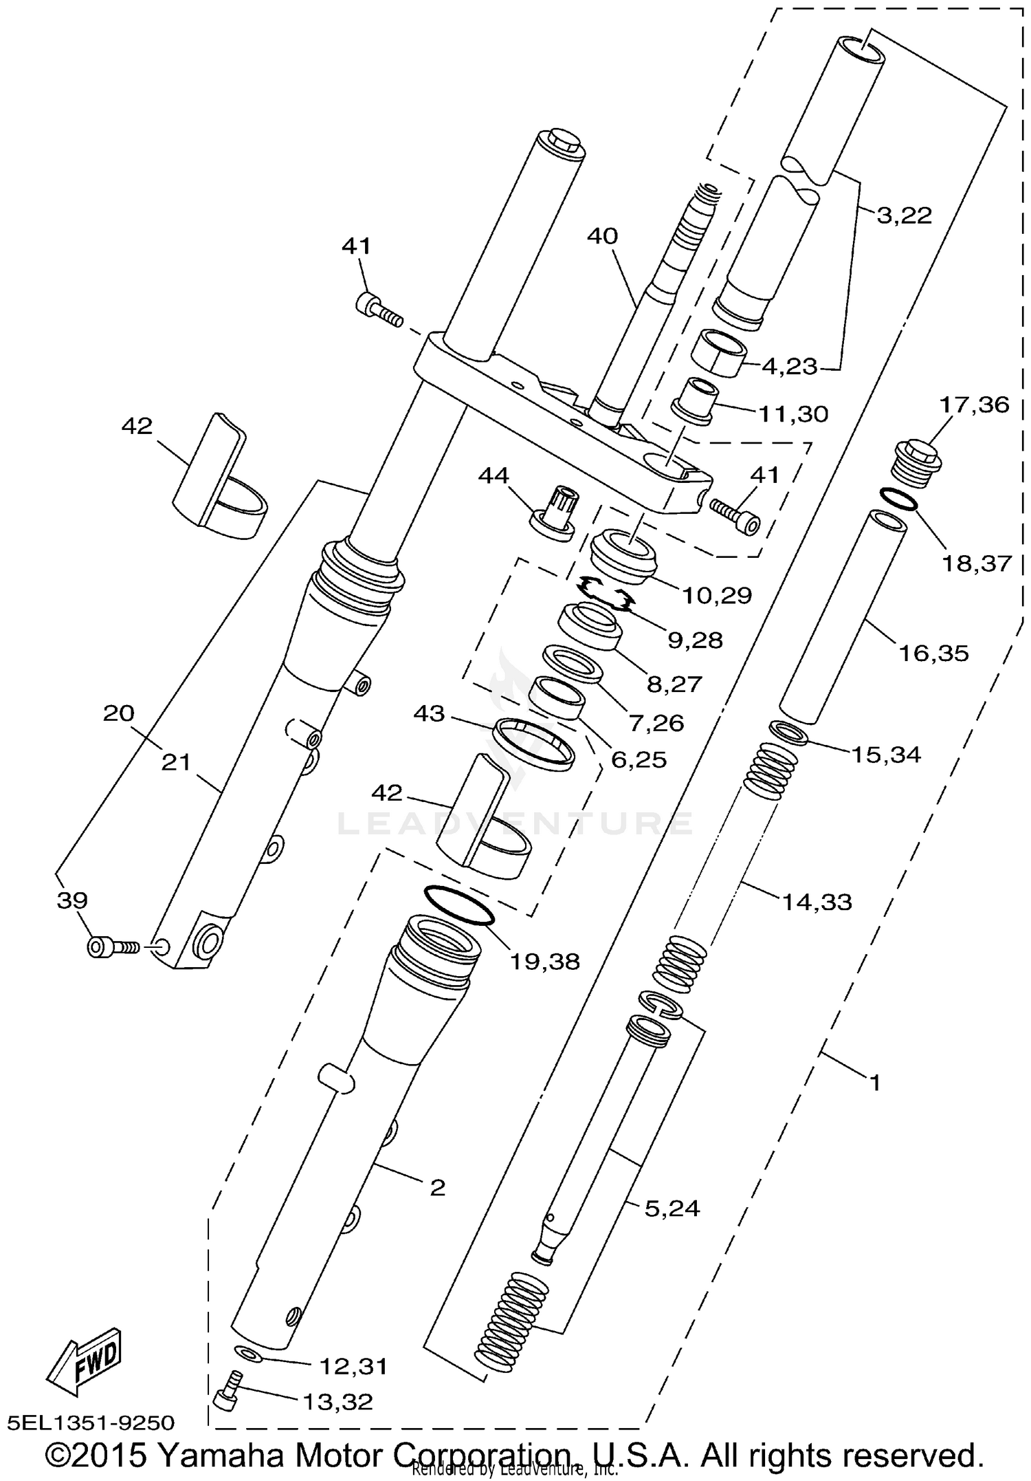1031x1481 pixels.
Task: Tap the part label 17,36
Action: [974, 404]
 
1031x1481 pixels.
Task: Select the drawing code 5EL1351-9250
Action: [92, 1422]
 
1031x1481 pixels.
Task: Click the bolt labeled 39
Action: [111, 948]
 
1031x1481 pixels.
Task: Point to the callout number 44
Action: [494, 476]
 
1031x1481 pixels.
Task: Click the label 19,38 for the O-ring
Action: [545, 961]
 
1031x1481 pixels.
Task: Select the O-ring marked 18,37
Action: [898, 499]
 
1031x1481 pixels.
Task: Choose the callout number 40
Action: [602, 237]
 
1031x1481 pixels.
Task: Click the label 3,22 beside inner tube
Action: [905, 216]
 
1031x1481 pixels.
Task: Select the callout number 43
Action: [430, 714]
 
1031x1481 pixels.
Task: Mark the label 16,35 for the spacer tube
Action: [933, 653]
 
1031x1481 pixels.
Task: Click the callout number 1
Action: [875, 1083]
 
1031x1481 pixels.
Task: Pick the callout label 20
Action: [119, 713]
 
